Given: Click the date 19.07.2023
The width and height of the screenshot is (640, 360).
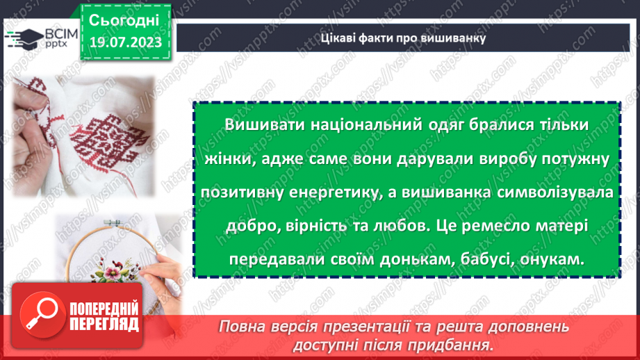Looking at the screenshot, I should [x=125, y=42].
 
